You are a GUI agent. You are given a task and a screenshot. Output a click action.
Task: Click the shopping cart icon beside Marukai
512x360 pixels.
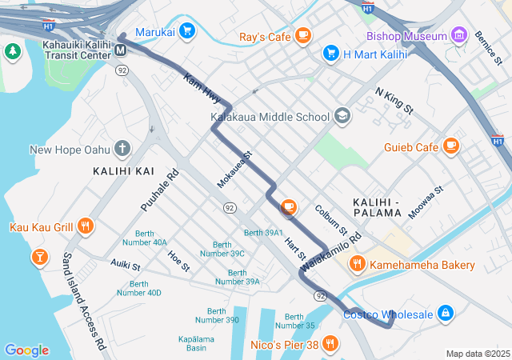(x=186, y=31)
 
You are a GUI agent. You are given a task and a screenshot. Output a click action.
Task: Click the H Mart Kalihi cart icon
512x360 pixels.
(x=330, y=53)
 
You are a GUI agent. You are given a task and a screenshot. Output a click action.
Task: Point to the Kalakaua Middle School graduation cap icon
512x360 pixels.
(x=342, y=116)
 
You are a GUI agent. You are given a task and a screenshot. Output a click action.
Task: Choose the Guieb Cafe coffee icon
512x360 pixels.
(x=451, y=146)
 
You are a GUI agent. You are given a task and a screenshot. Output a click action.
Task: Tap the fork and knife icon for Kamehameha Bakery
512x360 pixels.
(x=356, y=263)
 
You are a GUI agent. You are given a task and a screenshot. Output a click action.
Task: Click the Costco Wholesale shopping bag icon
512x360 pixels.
(x=446, y=314)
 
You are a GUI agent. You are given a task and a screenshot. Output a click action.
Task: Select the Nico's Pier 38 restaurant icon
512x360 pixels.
(x=330, y=345)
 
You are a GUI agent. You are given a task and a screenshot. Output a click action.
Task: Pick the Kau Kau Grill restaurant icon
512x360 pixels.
(x=86, y=226)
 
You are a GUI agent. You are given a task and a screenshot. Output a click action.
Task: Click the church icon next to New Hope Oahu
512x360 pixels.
(x=122, y=148)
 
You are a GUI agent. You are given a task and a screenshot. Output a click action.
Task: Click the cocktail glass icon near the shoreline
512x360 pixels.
(x=38, y=257)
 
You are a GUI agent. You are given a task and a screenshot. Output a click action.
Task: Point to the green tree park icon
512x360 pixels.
(x=12, y=52)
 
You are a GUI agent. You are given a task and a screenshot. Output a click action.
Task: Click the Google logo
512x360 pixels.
(x=26, y=350)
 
